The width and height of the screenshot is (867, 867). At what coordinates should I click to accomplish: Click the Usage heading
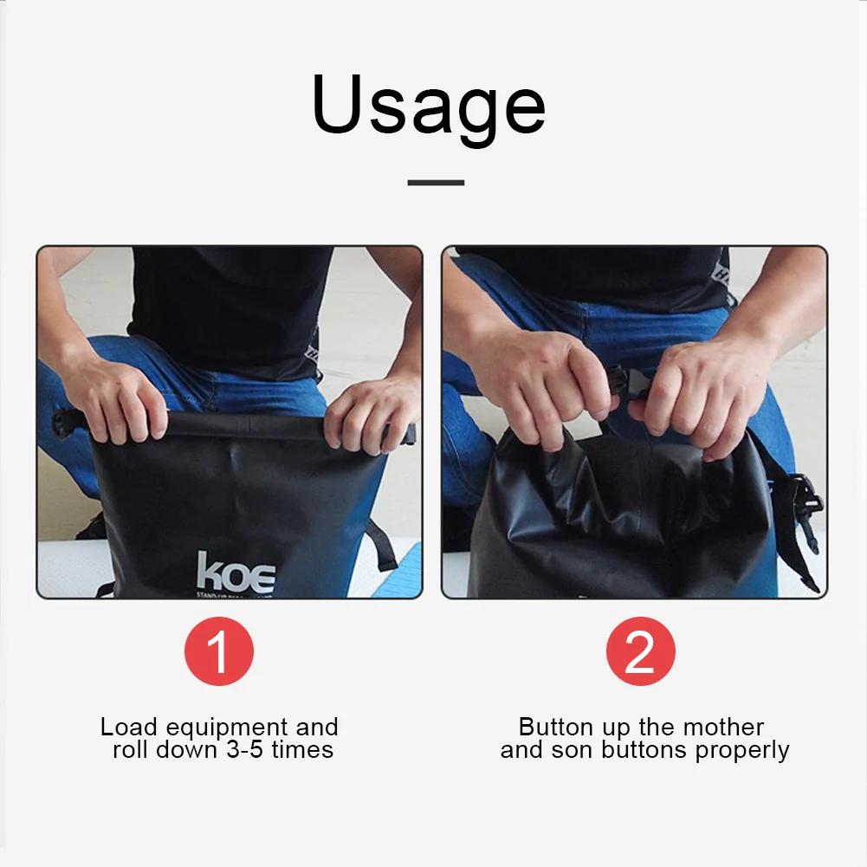(x=429, y=107)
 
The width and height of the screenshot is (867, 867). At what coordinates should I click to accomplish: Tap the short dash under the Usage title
(x=436, y=183)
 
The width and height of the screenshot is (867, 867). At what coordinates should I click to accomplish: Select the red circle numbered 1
(x=219, y=651)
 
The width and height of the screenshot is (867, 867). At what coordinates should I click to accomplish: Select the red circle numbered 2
(x=640, y=651)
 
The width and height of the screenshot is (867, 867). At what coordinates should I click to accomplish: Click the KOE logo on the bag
(x=236, y=573)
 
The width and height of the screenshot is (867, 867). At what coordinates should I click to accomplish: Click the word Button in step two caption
(x=553, y=727)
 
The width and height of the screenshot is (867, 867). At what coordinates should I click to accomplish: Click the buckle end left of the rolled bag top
(x=66, y=424)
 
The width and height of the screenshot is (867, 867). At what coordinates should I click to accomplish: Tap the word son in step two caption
(x=569, y=750)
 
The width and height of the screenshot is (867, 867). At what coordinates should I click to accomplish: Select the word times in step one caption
(x=302, y=749)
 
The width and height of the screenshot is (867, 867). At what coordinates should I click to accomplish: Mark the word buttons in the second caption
(x=640, y=750)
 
